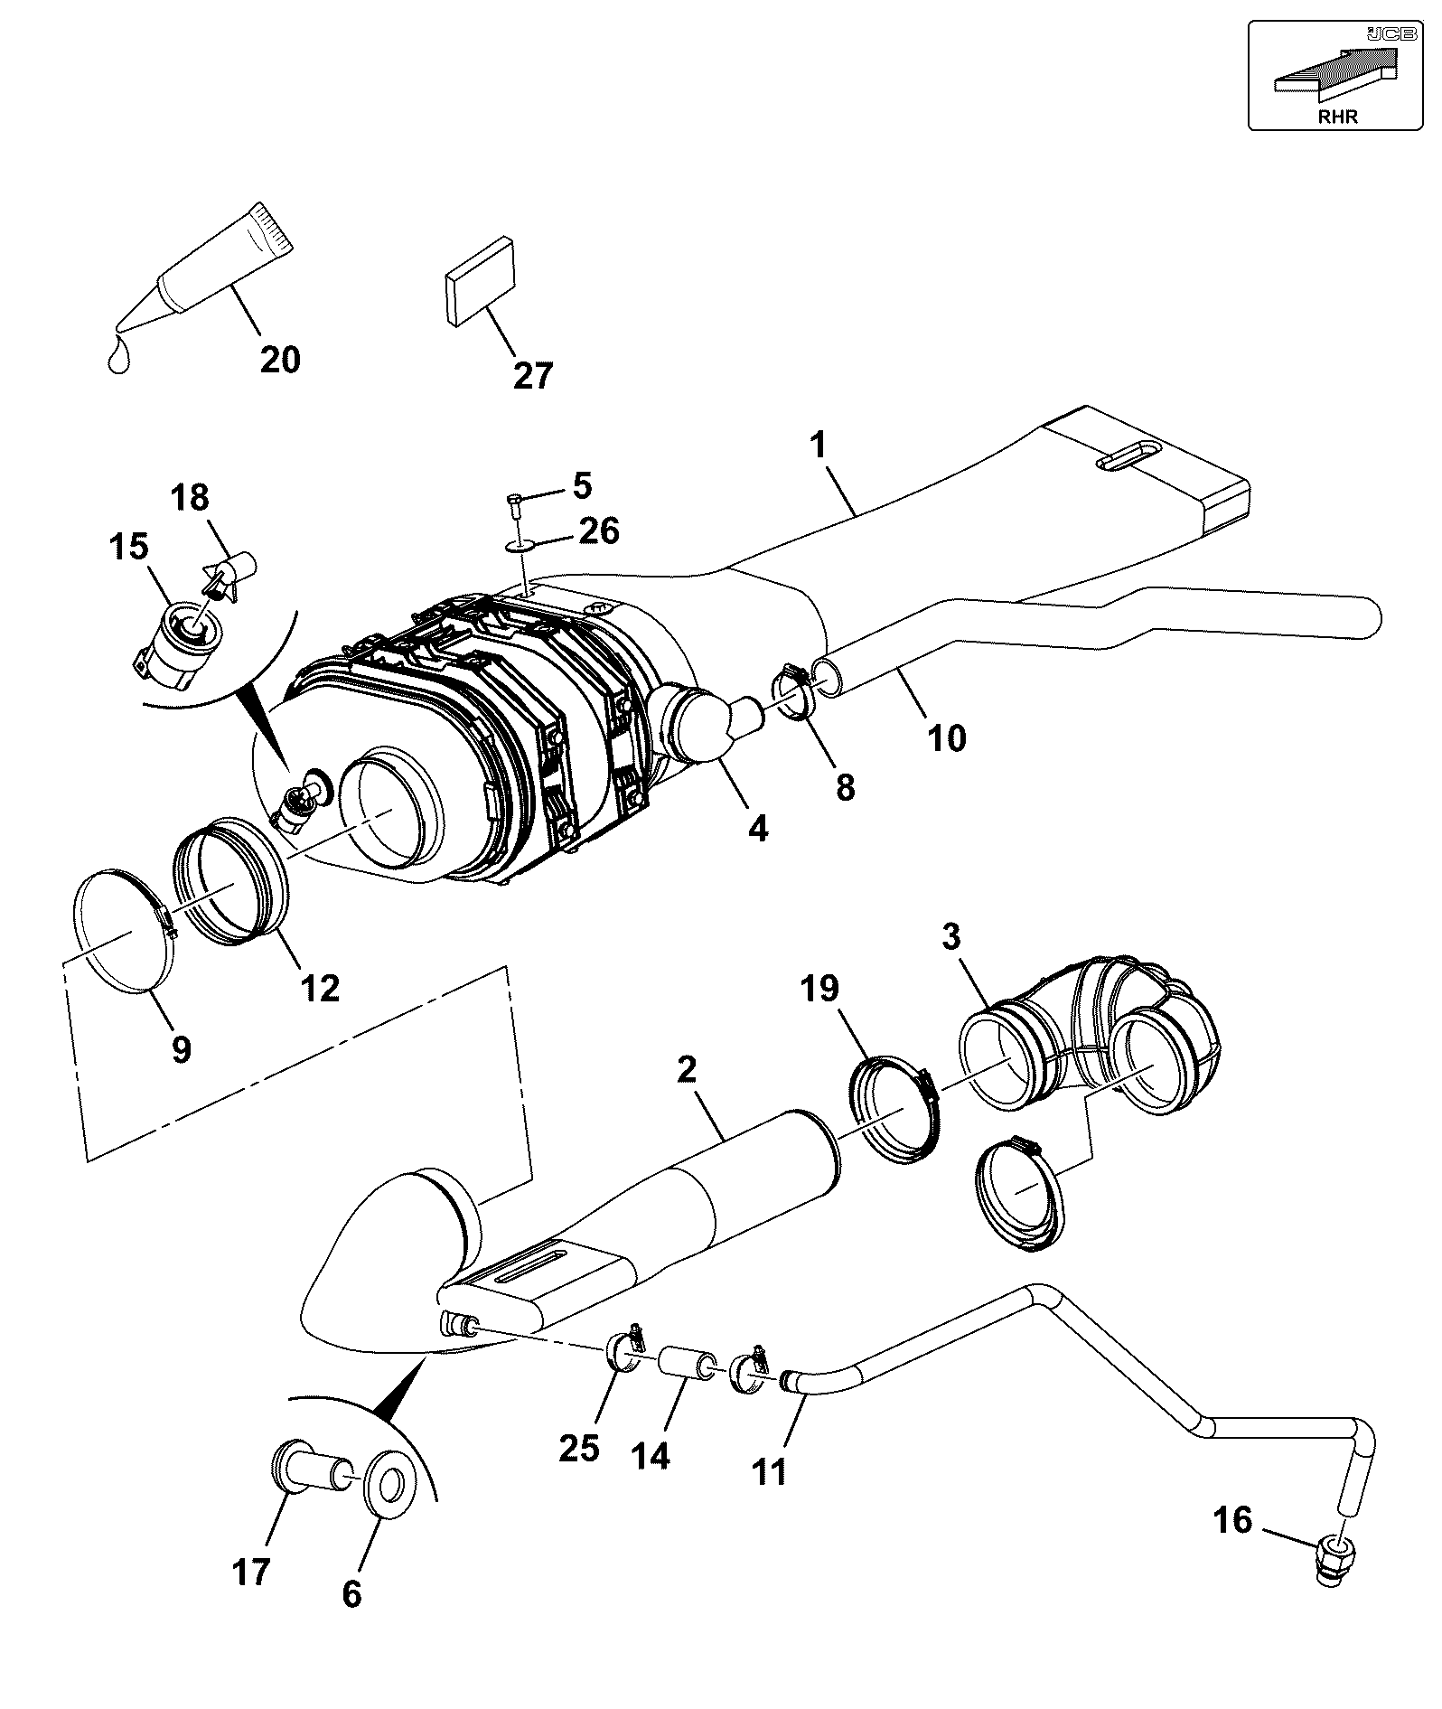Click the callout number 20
point(280,360)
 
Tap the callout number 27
point(533,375)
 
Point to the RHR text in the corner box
point(1337,117)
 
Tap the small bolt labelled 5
point(515,503)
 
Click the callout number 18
point(192,497)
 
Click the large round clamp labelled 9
point(124,930)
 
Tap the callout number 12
point(320,987)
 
